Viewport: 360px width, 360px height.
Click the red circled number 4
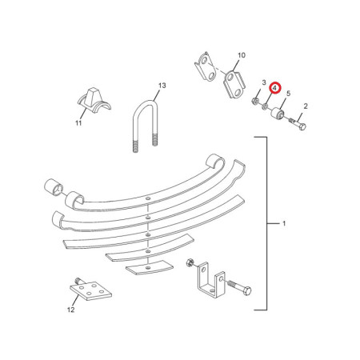coord(275,88)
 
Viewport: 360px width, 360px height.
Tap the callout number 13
coord(162,86)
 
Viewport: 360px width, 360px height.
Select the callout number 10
coord(242,55)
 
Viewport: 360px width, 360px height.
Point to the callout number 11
coord(78,123)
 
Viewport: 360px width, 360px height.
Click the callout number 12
coord(70,310)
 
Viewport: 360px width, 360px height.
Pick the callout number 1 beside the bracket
coord(284,223)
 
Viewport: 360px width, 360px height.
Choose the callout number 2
coord(306,106)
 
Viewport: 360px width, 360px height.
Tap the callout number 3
coord(264,82)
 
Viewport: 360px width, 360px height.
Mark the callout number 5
coord(288,94)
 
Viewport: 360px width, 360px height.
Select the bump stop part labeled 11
coord(94,101)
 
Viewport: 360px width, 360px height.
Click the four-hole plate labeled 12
coord(90,290)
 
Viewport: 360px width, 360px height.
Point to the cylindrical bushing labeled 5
coord(278,113)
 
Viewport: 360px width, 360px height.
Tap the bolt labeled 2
coord(298,124)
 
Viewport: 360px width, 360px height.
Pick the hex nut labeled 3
coord(255,101)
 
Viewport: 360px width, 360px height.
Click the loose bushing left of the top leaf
coord(54,187)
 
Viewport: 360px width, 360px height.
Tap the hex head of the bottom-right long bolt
coord(247,290)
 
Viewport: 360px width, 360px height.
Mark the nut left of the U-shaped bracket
coord(190,262)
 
